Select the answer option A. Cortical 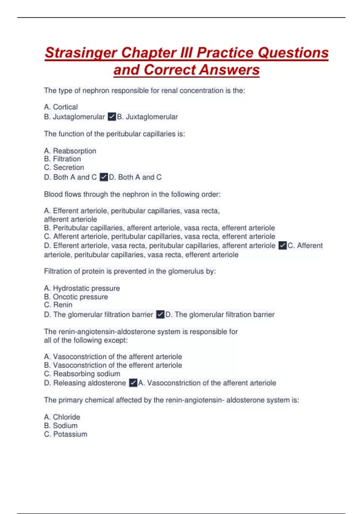point(61,107)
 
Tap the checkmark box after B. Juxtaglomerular point(112,117)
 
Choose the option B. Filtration point(63,159)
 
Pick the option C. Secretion point(64,168)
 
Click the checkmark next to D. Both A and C point(104,177)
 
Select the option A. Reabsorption point(70,151)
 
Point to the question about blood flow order point(132,194)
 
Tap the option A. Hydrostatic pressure point(82,288)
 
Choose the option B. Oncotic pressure point(76,297)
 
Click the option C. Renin point(58,305)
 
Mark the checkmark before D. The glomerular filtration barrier point(160,315)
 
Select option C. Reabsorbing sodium point(82,374)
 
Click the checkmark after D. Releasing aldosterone point(133,383)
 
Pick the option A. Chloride point(62,417)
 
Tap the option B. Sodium point(61,426)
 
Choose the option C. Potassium point(66,434)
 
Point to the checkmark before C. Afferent point(283,246)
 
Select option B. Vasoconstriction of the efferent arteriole point(113,366)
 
